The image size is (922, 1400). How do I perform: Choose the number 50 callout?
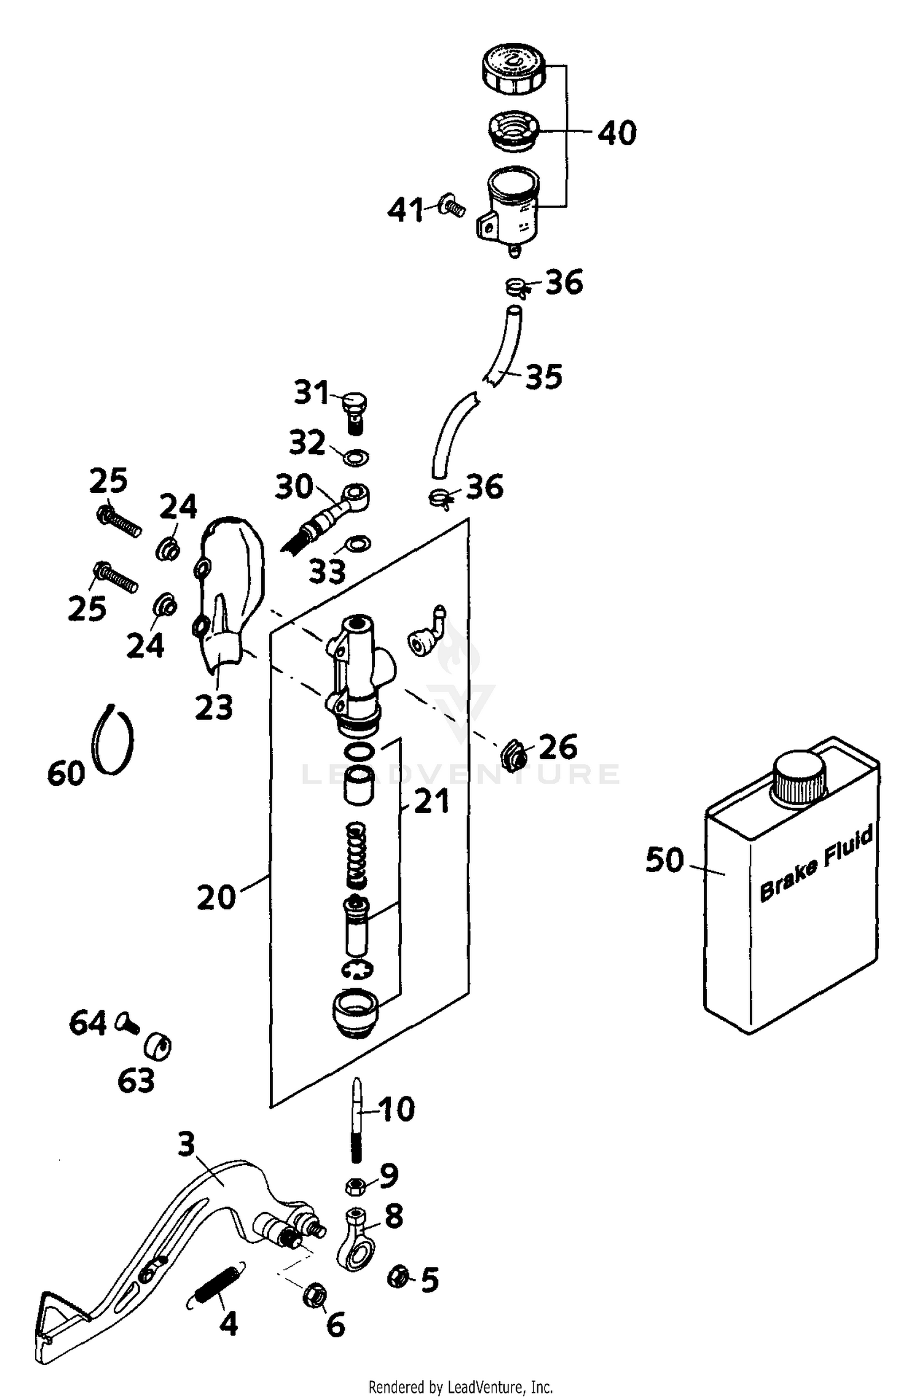click(x=664, y=860)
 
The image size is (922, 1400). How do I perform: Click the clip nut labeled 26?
click(x=512, y=755)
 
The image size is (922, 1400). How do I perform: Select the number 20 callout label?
click(x=216, y=898)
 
